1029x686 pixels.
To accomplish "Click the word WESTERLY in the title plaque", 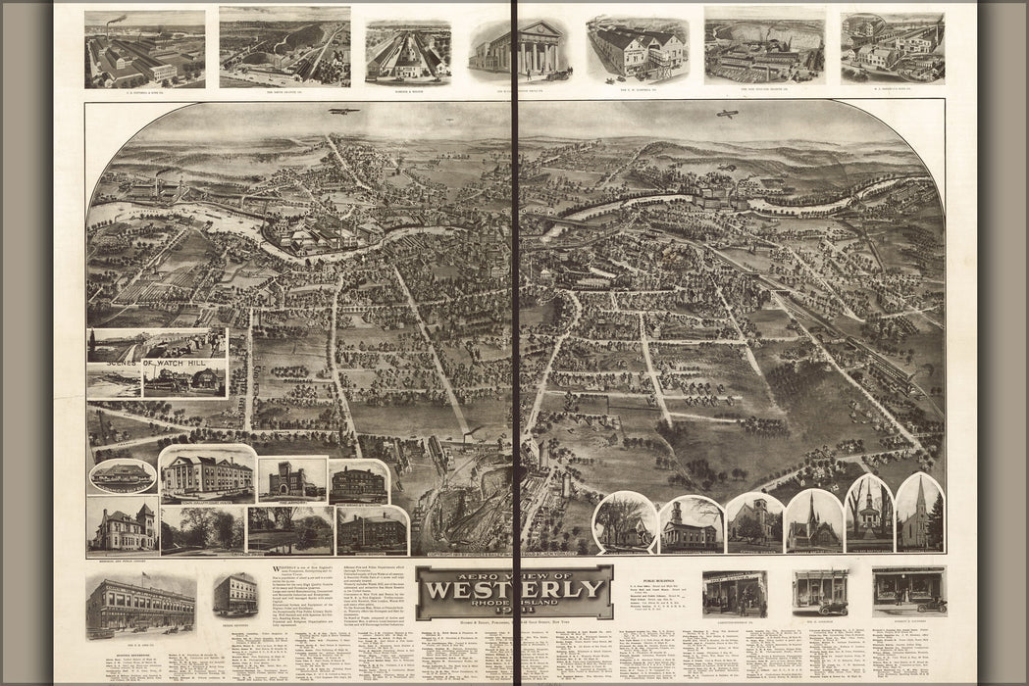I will pos(515,591).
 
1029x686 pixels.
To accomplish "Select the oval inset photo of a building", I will pos(123,476).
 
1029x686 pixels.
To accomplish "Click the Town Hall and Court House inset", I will pos(206,475).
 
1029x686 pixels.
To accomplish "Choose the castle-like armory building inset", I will pos(292,480).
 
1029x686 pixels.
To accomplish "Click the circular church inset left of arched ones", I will pos(625,523).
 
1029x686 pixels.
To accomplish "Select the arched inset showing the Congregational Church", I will pos(692,526).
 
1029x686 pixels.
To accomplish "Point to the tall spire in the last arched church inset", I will pos(919,498).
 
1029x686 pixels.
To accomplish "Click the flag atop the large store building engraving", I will pos(145,578).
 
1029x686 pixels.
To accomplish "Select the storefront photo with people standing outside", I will pos(734,593).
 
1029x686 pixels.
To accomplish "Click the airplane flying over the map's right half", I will pos(726,115).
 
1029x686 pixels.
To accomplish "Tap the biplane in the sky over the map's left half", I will pos(342,111).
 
